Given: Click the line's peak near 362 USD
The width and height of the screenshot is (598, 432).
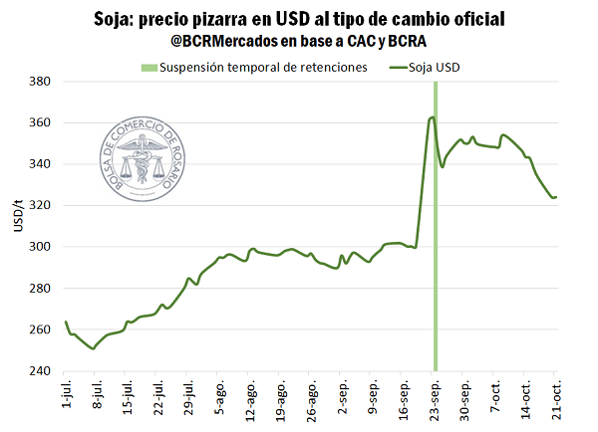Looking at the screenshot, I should (x=433, y=117).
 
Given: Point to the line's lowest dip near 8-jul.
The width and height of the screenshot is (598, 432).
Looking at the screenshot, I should (x=93, y=348).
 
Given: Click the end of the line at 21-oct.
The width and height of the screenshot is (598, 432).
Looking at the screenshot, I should (x=556, y=197).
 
